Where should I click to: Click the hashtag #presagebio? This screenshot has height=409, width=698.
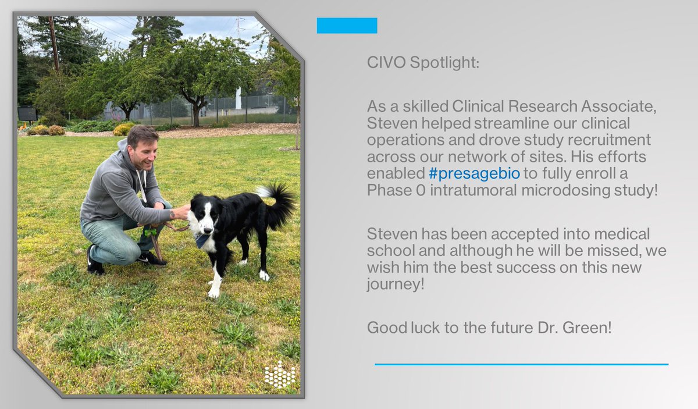[474, 174]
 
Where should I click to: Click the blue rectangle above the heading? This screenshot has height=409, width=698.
[347, 26]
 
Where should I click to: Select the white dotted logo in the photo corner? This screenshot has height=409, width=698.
[279, 375]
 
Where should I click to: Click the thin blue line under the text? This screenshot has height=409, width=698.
[521, 364]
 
